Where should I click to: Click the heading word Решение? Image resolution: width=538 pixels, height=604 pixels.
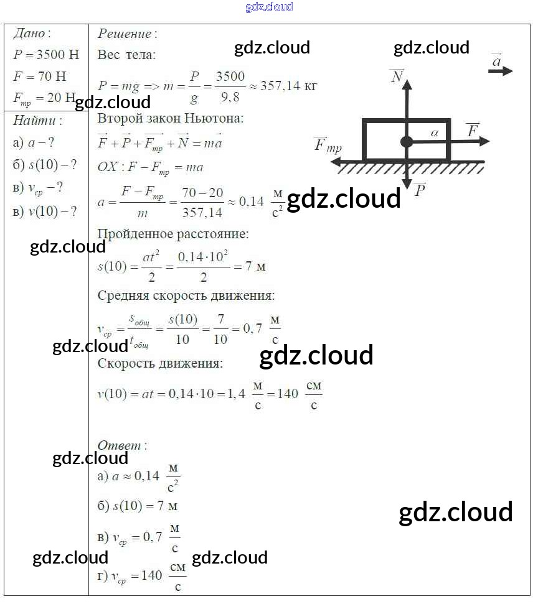tap(126, 34)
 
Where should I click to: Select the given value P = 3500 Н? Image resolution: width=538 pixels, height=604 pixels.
tap(46, 55)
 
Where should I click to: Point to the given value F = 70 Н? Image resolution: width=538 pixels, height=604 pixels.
tap(39, 77)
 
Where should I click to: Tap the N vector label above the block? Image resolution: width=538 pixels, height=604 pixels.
tap(397, 76)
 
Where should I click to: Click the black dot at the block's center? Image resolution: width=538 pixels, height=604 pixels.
tap(407, 142)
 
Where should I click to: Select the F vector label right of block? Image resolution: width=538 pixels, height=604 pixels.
tap(473, 130)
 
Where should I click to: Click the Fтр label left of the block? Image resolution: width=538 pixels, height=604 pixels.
tap(328, 146)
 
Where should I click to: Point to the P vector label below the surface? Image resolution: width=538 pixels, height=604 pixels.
tap(419, 190)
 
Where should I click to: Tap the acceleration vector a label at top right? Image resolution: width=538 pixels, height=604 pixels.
tap(497, 61)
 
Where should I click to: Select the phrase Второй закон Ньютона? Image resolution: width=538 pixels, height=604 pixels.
tap(171, 118)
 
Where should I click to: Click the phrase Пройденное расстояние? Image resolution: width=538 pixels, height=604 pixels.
tap(172, 235)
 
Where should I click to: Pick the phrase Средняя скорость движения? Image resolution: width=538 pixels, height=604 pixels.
tap(186, 295)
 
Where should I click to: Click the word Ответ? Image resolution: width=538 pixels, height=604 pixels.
tap(121, 445)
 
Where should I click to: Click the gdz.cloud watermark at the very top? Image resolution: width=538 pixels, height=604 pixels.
tap(269, 7)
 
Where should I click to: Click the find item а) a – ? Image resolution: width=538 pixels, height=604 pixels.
tap(34, 142)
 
